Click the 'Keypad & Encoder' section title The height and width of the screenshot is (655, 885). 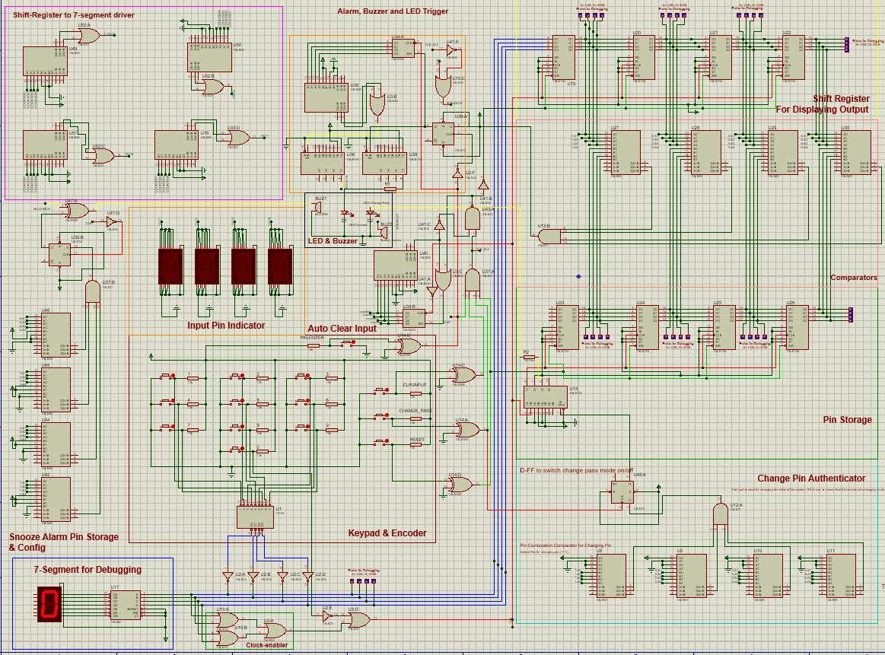[387, 533]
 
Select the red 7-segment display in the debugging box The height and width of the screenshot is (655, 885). [49, 603]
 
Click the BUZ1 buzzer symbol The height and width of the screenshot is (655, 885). [320, 206]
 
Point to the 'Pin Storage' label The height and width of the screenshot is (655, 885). [847, 419]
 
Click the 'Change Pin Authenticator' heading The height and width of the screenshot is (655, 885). [811, 479]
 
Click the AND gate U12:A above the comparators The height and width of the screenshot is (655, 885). [719, 514]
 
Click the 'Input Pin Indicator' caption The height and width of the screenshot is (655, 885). [226, 326]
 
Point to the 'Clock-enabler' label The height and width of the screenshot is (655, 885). [266, 645]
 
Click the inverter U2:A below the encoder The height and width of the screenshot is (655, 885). [227, 575]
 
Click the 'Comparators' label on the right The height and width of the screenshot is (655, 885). [854, 278]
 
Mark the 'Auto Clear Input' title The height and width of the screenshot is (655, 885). [342, 328]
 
